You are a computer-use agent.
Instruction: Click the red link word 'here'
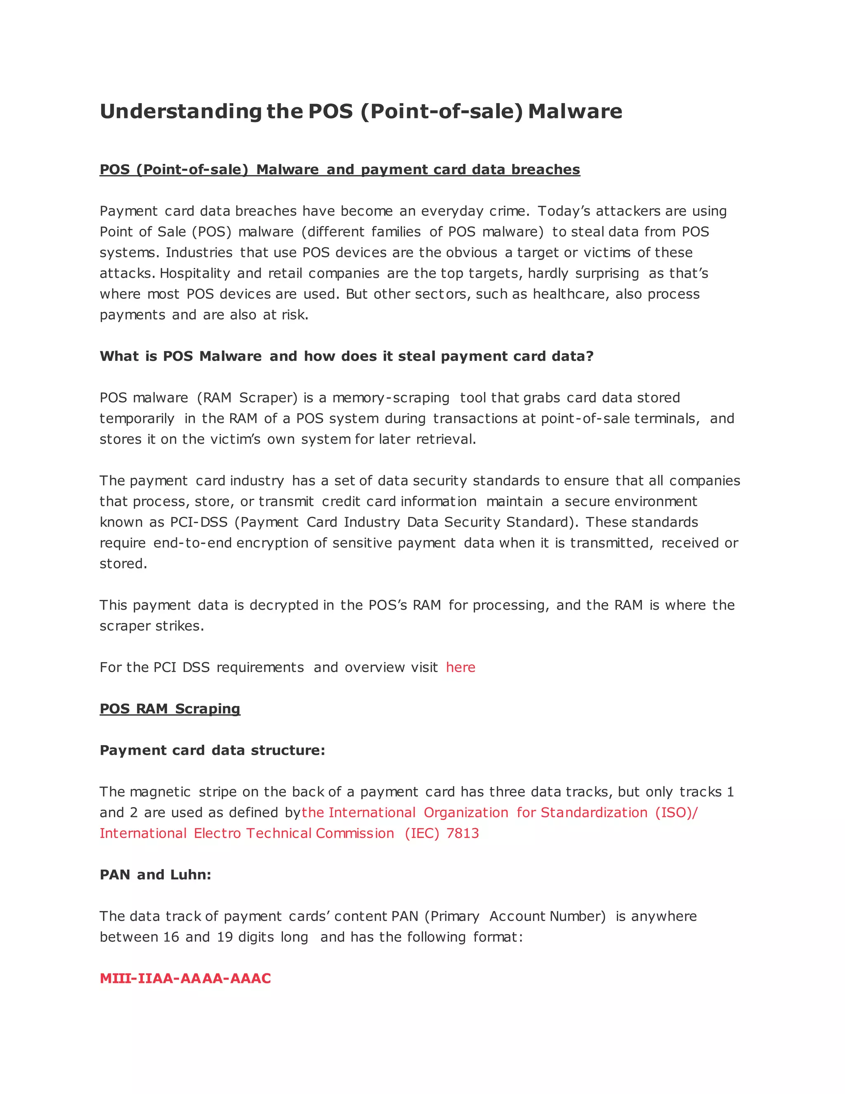[460, 667]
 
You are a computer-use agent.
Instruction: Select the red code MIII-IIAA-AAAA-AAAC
[185, 978]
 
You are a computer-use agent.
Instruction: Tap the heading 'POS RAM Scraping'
[170, 709]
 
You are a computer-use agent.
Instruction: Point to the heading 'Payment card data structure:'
[212, 751]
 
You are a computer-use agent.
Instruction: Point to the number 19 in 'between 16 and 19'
[225, 937]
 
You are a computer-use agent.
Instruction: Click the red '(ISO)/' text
[676, 812]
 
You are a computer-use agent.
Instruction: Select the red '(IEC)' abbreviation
[422, 833]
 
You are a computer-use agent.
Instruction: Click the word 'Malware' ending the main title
[575, 111]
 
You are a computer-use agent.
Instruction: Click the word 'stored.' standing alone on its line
[123, 564]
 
